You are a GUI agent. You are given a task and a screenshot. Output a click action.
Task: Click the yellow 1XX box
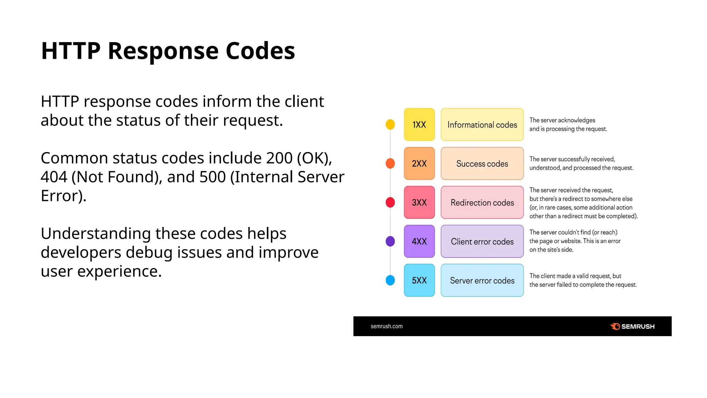point(419,124)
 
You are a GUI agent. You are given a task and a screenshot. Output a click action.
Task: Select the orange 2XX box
point(419,163)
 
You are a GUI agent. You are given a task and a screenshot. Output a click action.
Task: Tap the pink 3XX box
point(419,202)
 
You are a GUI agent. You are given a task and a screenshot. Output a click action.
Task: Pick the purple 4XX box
point(419,241)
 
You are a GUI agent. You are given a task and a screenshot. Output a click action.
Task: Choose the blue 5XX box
point(419,280)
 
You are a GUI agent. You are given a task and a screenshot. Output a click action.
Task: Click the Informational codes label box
point(482,124)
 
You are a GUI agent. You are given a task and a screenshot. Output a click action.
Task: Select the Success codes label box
point(482,163)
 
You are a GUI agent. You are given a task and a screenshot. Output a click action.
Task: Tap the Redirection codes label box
point(482,202)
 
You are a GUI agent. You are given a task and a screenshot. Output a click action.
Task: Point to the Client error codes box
point(482,241)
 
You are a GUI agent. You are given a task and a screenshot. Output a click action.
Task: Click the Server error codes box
point(482,280)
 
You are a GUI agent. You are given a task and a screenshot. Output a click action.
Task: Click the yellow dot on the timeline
point(390,124)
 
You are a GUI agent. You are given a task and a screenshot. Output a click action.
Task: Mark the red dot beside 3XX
point(390,202)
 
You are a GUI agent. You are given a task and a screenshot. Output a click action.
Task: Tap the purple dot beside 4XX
point(390,241)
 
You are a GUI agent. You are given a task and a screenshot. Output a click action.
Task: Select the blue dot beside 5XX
point(390,280)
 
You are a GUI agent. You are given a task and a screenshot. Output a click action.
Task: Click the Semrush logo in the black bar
point(632,326)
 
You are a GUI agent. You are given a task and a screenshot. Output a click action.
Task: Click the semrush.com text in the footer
point(386,326)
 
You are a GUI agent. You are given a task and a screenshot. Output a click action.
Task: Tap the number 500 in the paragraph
point(212,177)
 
